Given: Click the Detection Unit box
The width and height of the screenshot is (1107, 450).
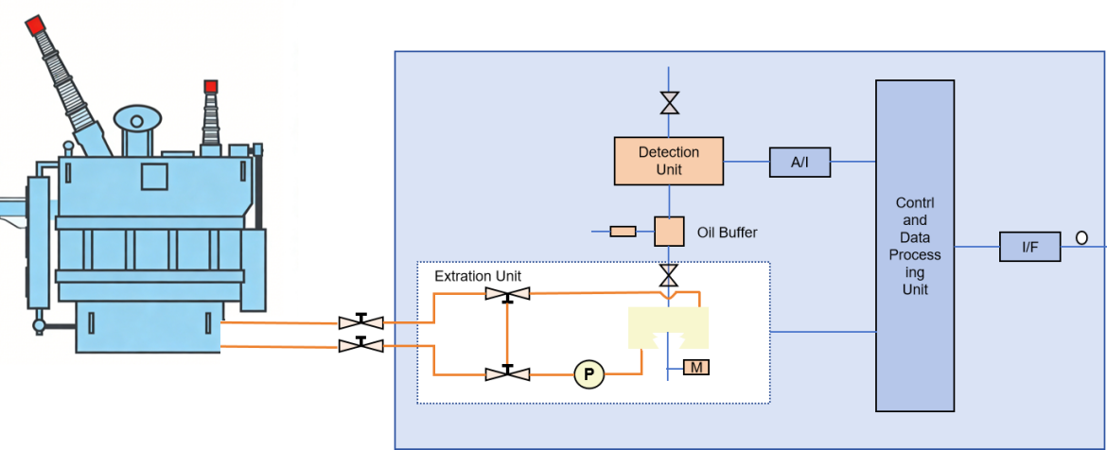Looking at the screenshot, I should point(669,161).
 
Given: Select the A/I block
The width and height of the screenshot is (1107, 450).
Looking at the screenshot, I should point(799,163).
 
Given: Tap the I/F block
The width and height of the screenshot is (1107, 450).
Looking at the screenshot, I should point(1029,247).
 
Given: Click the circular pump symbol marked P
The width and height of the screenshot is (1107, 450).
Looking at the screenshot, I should point(589,375).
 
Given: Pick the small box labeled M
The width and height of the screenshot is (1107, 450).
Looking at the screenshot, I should point(696,367).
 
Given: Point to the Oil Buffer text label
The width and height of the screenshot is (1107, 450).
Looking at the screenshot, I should point(727,232).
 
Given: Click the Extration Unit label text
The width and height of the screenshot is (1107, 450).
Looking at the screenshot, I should point(478,276).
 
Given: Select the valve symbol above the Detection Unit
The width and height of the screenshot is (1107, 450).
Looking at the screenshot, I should point(670,102).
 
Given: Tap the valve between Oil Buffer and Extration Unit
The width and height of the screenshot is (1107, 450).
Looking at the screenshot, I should point(669,276).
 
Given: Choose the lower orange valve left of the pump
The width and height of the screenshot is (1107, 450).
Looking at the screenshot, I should point(507,374).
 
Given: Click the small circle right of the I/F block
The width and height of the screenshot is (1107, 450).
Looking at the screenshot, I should point(1081,238).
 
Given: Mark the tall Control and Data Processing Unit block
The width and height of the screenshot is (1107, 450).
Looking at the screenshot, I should point(915,246).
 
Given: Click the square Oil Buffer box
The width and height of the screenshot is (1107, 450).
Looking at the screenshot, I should point(669,231).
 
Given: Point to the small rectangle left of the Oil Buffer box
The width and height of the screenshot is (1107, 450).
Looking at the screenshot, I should point(623,231).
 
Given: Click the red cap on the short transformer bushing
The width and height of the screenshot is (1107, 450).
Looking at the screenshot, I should point(210,86).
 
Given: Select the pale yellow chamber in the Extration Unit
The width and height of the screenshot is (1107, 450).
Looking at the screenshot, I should point(669,327).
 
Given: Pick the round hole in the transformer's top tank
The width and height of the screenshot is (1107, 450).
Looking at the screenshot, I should point(137,121).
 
